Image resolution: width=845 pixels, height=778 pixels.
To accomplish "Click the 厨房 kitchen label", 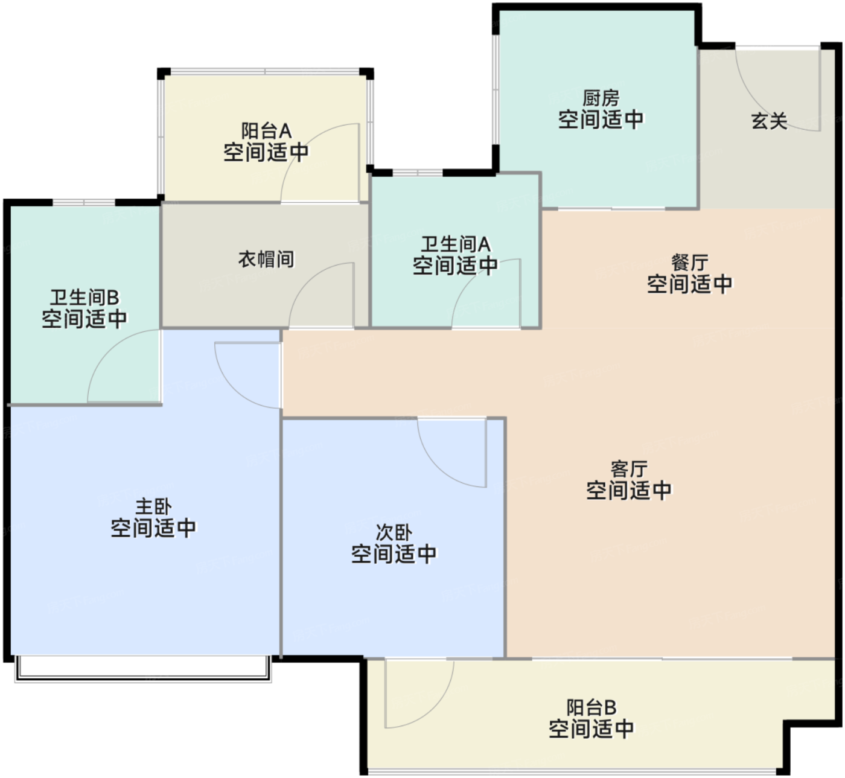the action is pyautogui.click(x=601, y=98).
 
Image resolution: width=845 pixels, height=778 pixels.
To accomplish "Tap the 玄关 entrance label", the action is pyautogui.click(x=769, y=121).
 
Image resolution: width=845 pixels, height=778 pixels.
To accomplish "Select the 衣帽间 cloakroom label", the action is pyautogui.click(x=266, y=259).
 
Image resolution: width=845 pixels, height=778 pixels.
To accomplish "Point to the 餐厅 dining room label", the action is pyautogui.click(x=689, y=263).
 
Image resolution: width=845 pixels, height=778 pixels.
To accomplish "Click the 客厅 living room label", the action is pyautogui.click(x=629, y=469).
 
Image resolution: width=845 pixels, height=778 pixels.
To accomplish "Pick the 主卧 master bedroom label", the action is pyautogui.click(x=153, y=507).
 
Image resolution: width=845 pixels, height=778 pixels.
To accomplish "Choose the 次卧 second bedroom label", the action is pyautogui.click(x=394, y=533).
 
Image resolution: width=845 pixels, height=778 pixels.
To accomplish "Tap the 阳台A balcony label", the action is pyautogui.click(x=266, y=131).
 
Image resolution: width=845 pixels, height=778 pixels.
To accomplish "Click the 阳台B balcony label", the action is pyautogui.click(x=591, y=707).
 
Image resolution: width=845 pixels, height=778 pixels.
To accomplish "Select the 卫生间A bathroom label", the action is pyautogui.click(x=456, y=244).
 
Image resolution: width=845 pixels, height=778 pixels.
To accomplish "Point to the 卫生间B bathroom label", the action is pyautogui.click(x=84, y=298).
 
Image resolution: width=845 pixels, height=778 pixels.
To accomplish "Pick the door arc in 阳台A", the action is pyautogui.click(x=301, y=143).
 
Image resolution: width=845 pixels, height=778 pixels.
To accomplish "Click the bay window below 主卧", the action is pyautogui.click(x=143, y=669).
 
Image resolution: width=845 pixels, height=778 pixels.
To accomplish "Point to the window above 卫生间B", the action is pyautogui.click(x=84, y=203).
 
